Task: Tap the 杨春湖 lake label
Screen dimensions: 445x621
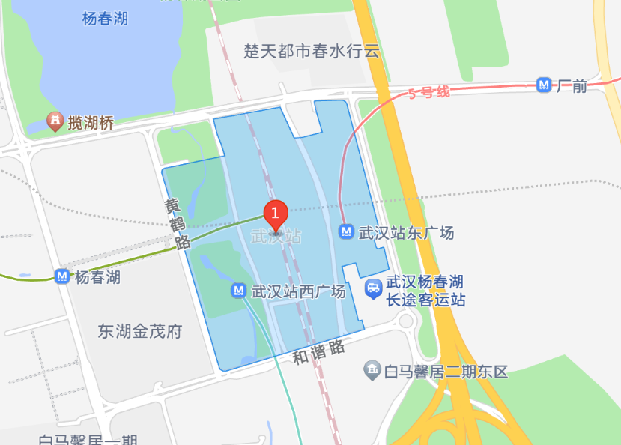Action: tap(105, 19)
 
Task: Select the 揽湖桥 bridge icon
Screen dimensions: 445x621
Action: tap(54, 121)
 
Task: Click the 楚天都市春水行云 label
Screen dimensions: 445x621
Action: tap(312, 52)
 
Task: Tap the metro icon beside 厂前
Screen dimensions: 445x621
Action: tap(545, 85)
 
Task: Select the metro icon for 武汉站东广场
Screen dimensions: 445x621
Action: tap(346, 232)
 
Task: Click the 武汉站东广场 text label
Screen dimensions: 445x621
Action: tap(406, 232)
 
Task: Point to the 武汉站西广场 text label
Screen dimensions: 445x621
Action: tap(298, 291)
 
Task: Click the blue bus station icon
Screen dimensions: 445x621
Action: tap(373, 289)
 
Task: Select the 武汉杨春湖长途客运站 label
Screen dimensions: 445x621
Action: tap(425, 291)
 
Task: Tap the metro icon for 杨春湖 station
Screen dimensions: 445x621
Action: tap(62, 277)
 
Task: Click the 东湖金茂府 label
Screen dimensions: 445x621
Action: tap(140, 330)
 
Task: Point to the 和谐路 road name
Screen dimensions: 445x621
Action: tap(318, 351)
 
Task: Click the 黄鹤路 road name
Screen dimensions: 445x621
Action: tap(177, 223)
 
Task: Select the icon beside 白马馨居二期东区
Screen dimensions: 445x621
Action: tap(371, 369)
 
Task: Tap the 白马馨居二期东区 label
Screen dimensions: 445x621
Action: tap(446, 370)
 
